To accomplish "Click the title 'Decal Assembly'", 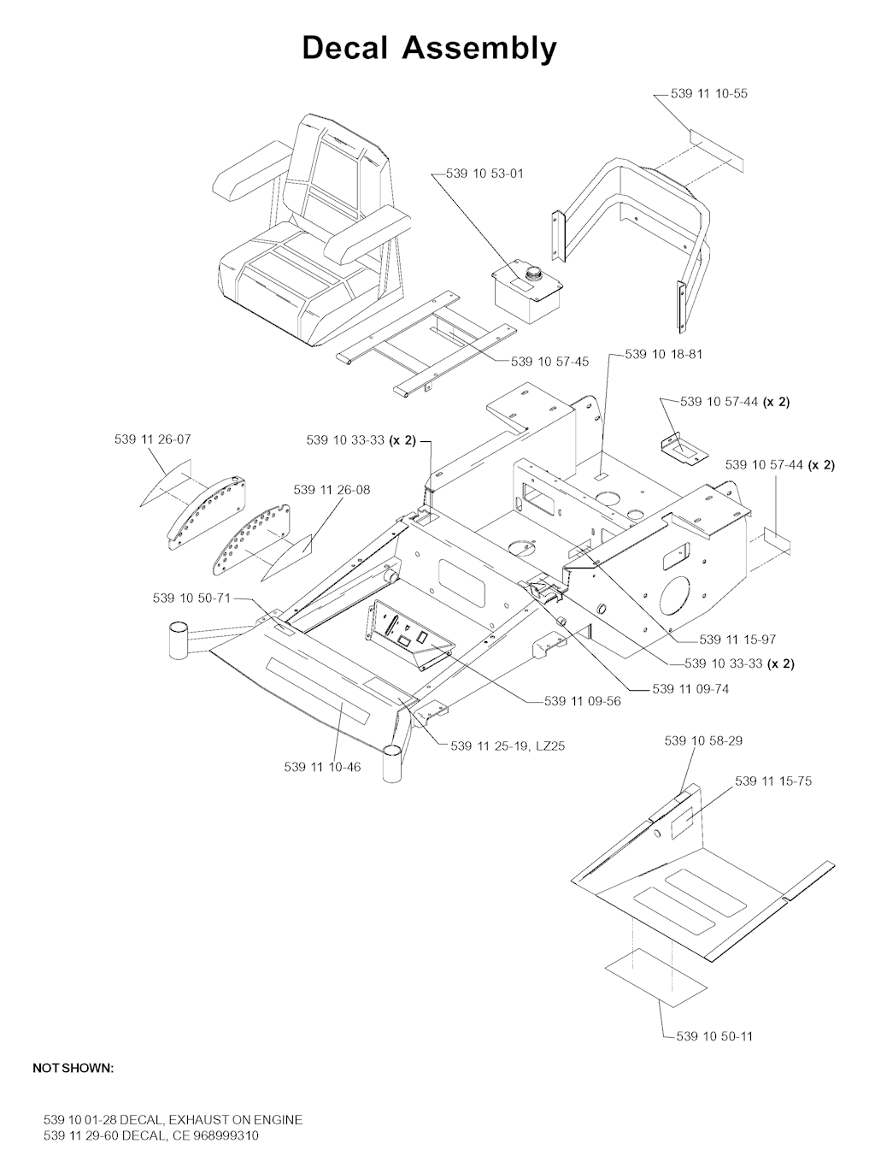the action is tap(429, 50).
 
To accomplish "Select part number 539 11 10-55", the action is tap(709, 93).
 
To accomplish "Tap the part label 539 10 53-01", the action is tap(484, 174).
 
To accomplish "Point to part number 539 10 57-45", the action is tap(550, 362).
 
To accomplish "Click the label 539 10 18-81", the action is tap(664, 354).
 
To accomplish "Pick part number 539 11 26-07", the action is tap(153, 439).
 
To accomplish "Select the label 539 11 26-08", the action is tap(332, 490).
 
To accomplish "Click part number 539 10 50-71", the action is tap(191, 598).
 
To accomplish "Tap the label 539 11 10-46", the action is tap(322, 768).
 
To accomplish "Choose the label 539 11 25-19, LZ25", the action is tap(508, 746).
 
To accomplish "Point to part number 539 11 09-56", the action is tap(583, 701).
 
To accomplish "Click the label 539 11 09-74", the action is tap(690, 689).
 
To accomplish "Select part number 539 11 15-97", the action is tap(737, 640).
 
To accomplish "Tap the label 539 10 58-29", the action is tap(703, 740).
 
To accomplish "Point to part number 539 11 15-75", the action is tap(773, 781).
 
